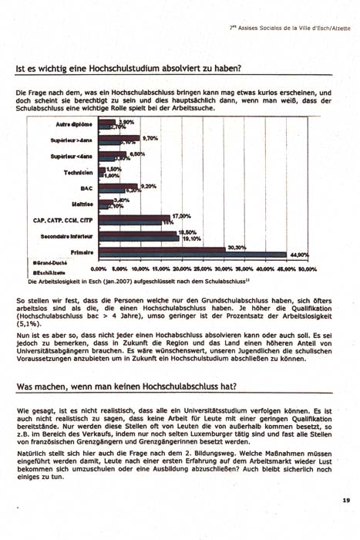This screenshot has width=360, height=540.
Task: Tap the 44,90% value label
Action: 298,255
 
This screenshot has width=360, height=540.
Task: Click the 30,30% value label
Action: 236,248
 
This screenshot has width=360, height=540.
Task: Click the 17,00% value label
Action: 180,216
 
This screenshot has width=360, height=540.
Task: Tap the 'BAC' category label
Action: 87,187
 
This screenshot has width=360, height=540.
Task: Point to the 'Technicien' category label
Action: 79,172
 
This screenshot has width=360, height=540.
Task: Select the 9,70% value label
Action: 150,137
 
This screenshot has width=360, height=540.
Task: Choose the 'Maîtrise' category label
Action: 82,204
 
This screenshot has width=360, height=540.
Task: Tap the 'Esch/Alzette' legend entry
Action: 48,273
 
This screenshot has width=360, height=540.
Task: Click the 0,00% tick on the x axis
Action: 99,269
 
